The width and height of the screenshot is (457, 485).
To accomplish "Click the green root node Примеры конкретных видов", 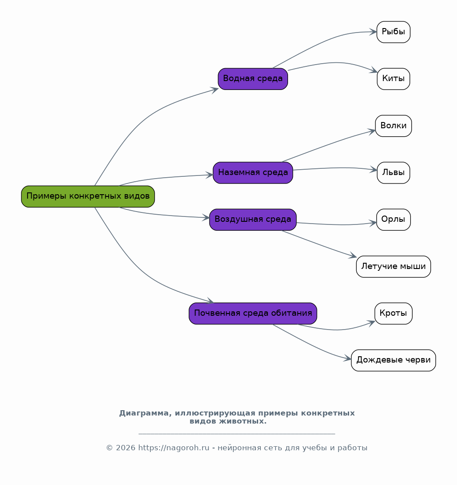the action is click(x=88, y=196).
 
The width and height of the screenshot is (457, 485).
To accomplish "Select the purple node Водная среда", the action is click(x=253, y=79).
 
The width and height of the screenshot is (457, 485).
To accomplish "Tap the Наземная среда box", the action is click(x=253, y=173).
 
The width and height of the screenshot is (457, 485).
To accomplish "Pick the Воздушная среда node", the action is click(x=253, y=220).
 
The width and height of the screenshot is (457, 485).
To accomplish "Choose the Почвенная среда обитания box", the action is click(x=253, y=314).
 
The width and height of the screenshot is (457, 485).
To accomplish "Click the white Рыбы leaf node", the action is click(x=394, y=32).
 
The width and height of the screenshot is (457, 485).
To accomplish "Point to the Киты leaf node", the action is click(x=394, y=79).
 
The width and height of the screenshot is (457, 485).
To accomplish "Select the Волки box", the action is click(x=394, y=126).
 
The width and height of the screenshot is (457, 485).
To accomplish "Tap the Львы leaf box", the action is click(x=394, y=173).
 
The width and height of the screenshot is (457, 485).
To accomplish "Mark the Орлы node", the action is click(x=394, y=220).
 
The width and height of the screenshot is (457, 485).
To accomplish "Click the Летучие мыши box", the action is click(x=394, y=267).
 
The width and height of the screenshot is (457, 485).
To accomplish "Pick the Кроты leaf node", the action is click(x=394, y=314).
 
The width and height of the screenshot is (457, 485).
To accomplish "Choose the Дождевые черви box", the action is click(x=394, y=360).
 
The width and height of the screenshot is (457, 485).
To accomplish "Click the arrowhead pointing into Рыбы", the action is click(x=373, y=32).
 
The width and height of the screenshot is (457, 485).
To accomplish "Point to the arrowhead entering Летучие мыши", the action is click(x=353, y=256).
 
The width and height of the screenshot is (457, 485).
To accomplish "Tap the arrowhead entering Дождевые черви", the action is click(x=348, y=359).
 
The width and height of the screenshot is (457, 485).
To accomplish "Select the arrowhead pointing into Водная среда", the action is click(x=215, y=90).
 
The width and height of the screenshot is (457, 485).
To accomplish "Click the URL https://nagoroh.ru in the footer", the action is click(x=174, y=448).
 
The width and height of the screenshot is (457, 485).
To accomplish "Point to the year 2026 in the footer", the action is click(x=125, y=448).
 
